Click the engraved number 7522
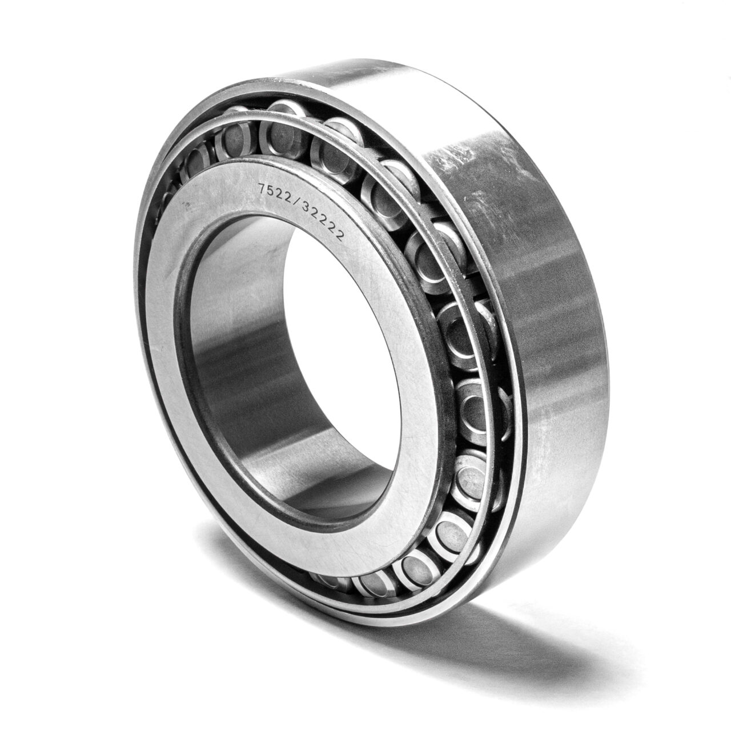[274, 190]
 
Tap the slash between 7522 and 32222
[294, 196]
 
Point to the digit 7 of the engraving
[262, 187]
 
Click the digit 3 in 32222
[303, 202]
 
